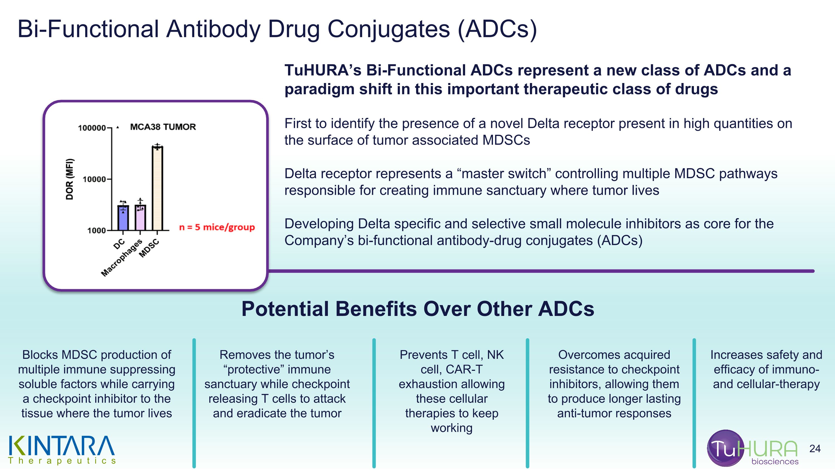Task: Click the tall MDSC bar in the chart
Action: [157, 188]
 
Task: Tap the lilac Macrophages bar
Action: [140, 218]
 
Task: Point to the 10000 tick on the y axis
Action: [94, 179]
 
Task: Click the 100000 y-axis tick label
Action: [92, 128]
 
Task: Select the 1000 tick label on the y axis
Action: [96, 231]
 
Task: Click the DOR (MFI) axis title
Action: [70, 179]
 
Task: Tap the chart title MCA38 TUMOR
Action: [163, 127]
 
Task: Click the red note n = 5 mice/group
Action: [217, 227]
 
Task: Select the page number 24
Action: [815, 449]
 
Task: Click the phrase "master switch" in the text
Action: [504, 174]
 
